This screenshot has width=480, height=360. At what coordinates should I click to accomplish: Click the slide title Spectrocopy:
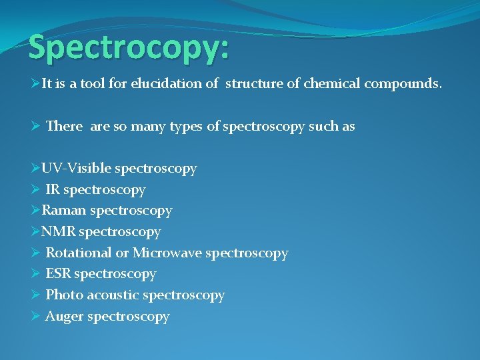tap(129, 49)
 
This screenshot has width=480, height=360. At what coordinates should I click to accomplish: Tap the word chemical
tap(331, 85)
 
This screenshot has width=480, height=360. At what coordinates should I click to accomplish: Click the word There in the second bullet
tap(64, 126)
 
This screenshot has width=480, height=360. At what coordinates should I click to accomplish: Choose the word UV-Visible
tap(75, 169)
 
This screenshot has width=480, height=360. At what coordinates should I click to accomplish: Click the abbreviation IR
tap(53, 190)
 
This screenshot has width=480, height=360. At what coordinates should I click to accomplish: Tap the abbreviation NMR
tap(58, 232)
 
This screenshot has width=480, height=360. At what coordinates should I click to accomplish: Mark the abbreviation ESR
tap(58, 274)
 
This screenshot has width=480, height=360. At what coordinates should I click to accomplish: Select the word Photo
tap(64, 295)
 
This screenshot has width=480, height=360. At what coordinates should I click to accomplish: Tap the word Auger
tap(64, 317)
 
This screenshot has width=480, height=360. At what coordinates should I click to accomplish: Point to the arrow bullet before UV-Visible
tap(36, 169)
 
